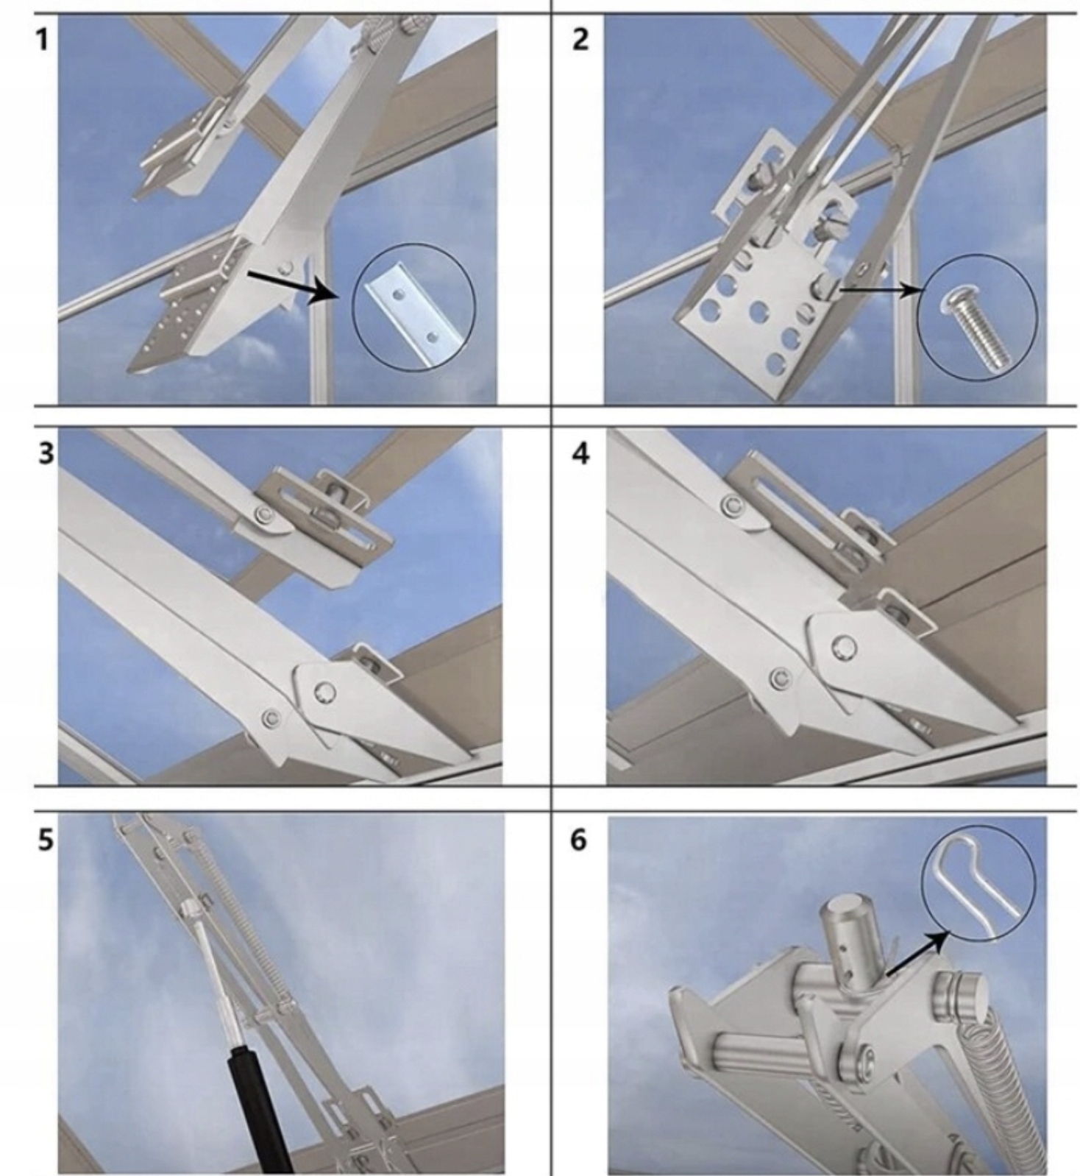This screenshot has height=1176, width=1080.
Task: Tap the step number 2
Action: coord(580,40)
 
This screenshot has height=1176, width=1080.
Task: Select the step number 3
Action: coord(46,454)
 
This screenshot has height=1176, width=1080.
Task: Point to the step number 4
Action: coord(580,454)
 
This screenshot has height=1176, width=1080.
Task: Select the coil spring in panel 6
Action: coord(1012,1082)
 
